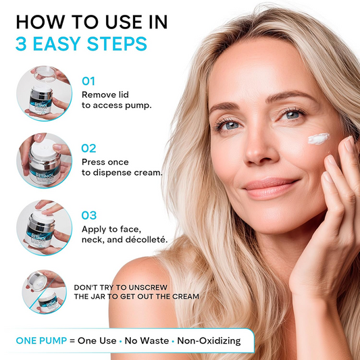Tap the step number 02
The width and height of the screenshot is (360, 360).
tap(89, 148)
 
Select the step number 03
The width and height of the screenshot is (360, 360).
tap(89, 215)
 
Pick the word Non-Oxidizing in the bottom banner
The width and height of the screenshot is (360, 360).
tap(207, 340)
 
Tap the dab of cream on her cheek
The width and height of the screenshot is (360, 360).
tap(318, 139)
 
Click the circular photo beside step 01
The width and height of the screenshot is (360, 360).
tap(44, 93)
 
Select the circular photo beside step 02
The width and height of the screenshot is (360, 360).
tap(44, 159)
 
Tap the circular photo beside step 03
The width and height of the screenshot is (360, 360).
tap(44, 228)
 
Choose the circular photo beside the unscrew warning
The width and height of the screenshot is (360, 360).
tap(44, 291)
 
